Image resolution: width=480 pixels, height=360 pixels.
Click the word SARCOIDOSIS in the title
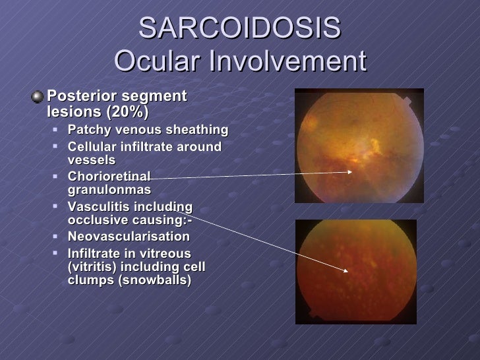[x=240, y=29]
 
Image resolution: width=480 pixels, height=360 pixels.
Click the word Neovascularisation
[x=129, y=237]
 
